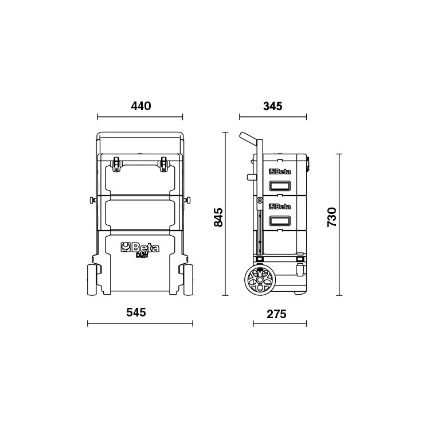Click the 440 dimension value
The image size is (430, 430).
point(140,106)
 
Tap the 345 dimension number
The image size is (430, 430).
point(272,106)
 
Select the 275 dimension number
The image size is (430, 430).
point(276,314)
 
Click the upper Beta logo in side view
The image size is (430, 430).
point(280,172)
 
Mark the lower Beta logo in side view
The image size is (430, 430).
point(280,206)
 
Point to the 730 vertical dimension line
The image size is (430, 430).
point(339,224)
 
